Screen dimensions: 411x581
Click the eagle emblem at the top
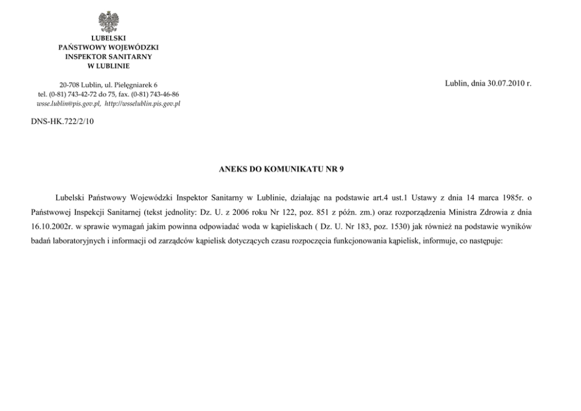point(108,22)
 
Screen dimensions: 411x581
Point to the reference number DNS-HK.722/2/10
point(62,121)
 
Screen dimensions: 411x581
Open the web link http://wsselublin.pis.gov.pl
point(142,103)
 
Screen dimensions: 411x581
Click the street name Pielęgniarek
point(133,86)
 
